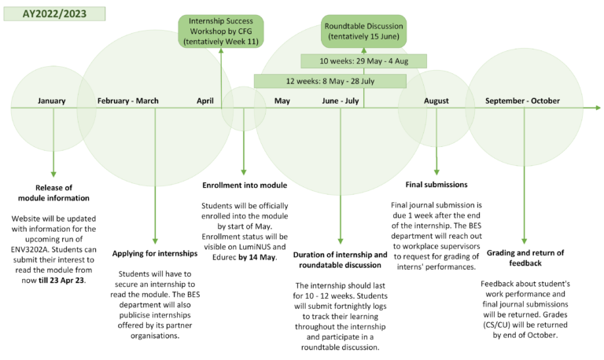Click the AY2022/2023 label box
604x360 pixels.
click(x=54, y=15)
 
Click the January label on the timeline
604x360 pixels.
click(x=51, y=101)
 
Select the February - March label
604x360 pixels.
click(x=128, y=101)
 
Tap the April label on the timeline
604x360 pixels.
click(x=205, y=101)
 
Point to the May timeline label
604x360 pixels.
click(x=282, y=101)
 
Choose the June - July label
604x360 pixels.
click(x=341, y=101)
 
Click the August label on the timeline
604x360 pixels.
click(x=436, y=101)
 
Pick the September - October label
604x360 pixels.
click(x=522, y=101)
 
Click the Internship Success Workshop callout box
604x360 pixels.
click(x=220, y=31)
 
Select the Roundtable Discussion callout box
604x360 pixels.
click(x=364, y=31)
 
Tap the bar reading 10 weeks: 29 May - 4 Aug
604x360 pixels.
click(x=364, y=61)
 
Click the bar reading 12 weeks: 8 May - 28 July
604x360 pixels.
click(x=330, y=80)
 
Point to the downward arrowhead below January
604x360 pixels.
click(x=53, y=174)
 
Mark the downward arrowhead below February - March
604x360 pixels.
click(x=155, y=241)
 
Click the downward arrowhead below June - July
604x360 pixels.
click(x=341, y=241)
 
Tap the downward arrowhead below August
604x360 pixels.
click(x=436, y=172)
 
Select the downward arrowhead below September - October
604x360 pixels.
click(x=524, y=241)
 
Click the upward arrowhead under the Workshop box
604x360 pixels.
click(x=221, y=52)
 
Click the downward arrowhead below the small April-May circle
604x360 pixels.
click(x=244, y=172)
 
